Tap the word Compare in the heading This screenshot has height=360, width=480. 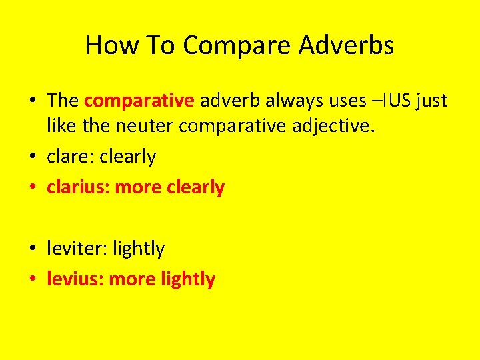click(x=236, y=45)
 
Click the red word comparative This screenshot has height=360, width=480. click(x=139, y=101)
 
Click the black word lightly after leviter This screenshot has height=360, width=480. click(x=139, y=249)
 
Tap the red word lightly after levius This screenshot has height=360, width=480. click(x=188, y=279)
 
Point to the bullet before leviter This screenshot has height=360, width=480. click(x=33, y=249)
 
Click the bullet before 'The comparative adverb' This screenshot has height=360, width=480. click(x=33, y=101)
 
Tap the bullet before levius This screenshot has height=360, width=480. click(x=33, y=280)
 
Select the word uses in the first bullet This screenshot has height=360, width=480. click(x=347, y=101)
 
